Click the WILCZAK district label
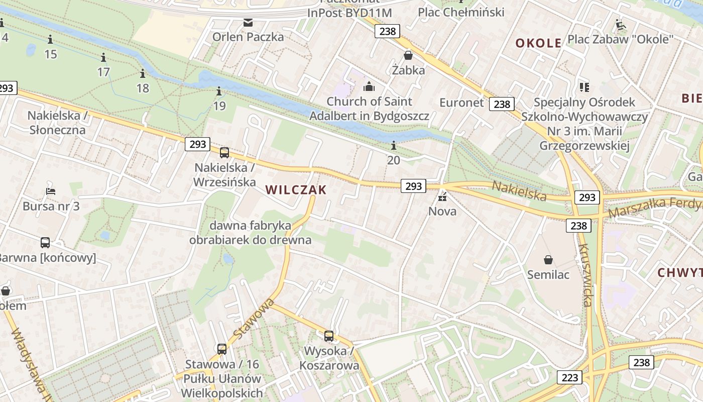pyautogui.click(x=296, y=190)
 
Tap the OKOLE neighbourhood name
pyautogui.click(x=538, y=43)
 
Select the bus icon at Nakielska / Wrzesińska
pyautogui.click(x=224, y=153)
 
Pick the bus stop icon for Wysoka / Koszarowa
pyautogui.click(x=329, y=336)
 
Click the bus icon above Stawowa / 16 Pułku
pyautogui.click(x=222, y=349)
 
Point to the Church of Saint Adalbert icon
pyautogui.click(x=369, y=87)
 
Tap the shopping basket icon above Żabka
pyautogui.click(x=408, y=55)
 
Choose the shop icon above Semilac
pyautogui.click(x=548, y=260)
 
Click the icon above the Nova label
pyautogui.click(x=442, y=196)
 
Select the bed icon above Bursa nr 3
pyautogui.click(x=51, y=191)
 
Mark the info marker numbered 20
pyautogui.click(x=394, y=146)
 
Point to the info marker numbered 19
pyautogui.click(x=219, y=91)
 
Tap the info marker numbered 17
pyautogui.click(x=103, y=57)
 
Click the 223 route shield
pyautogui.click(x=569, y=377)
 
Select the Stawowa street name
pyautogui.click(x=254, y=318)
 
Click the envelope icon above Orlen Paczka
pyautogui.click(x=248, y=22)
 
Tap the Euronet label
pyautogui.click(x=461, y=103)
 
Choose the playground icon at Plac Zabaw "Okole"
pyautogui.click(x=621, y=25)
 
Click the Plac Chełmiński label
pyautogui.click(x=461, y=12)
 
